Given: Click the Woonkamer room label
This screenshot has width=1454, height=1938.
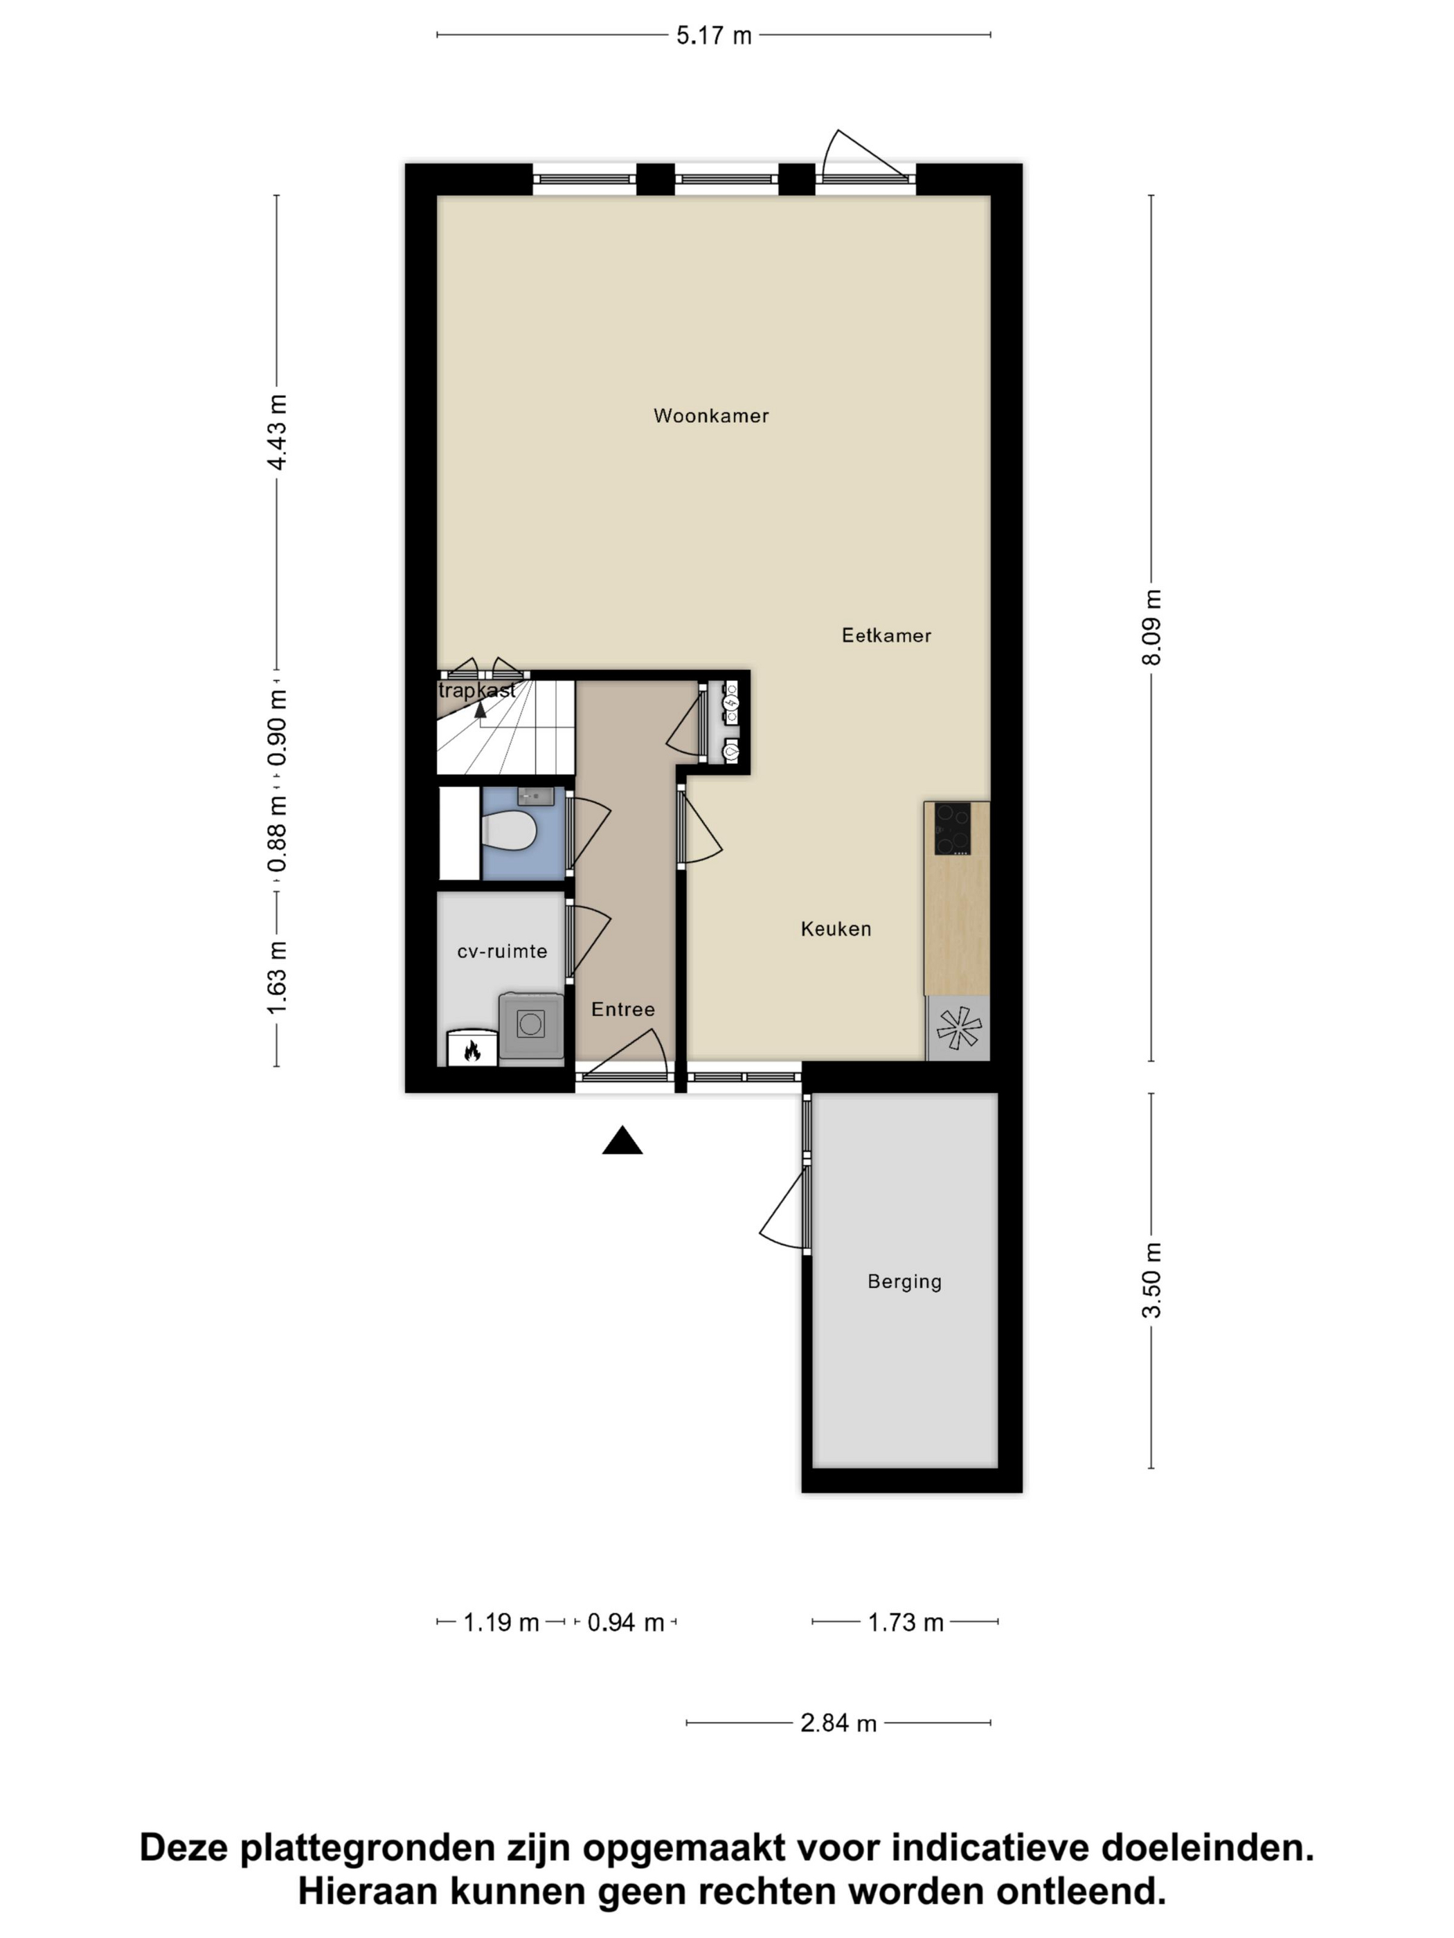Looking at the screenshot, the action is tap(711, 416).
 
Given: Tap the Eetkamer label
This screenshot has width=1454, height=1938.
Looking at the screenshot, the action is tap(886, 635).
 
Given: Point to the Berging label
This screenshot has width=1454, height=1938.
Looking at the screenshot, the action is tap(904, 1282).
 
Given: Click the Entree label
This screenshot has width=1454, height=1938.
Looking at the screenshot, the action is tap(623, 1009).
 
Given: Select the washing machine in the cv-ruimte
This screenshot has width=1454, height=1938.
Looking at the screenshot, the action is tap(531, 1028).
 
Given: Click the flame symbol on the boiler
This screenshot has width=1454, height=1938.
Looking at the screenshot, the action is tap(472, 1049).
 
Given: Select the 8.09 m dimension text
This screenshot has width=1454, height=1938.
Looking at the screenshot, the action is tap(1151, 627).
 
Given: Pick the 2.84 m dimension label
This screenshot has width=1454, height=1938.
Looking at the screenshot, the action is tap(838, 1723).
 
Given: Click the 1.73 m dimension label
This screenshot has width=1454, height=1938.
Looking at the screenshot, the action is tap(906, 1622).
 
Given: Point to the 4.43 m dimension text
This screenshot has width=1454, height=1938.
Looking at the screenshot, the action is tap(277, 433).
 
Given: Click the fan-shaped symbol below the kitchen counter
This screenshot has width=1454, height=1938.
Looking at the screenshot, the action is tap(958, 1028).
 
